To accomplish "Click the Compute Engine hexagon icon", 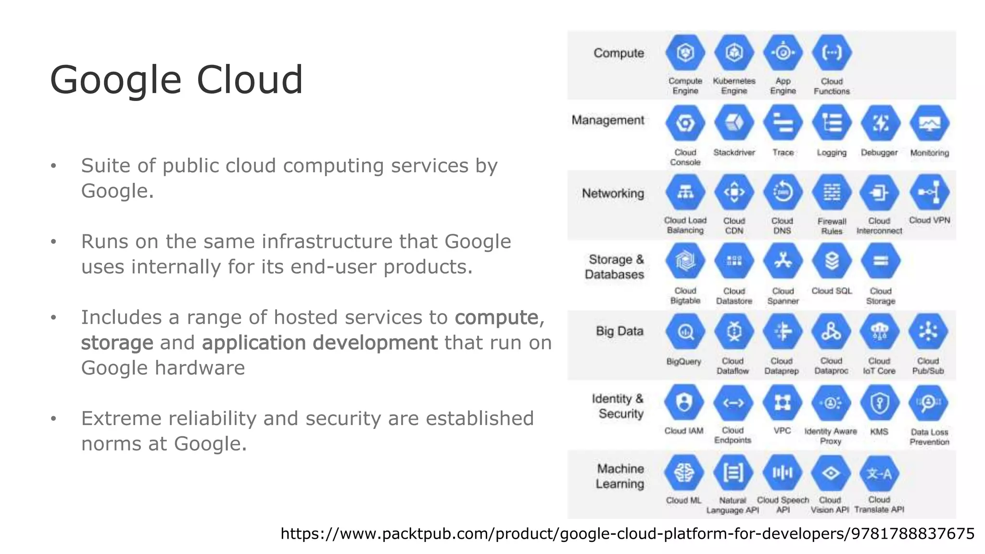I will pos(685,53).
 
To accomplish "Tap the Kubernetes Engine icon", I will pos(734,53).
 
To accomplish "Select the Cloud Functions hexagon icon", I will pos(832,53).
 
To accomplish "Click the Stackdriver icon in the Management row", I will pos(734,124).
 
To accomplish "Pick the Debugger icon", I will pos(880,124).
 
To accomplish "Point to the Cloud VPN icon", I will pos(929,193).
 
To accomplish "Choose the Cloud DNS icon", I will pos(783,193).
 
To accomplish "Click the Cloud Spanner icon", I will pos(783,262).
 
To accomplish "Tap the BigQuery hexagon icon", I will pos(685,332).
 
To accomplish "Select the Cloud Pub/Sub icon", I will pos(928,332).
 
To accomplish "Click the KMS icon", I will pos(880,403).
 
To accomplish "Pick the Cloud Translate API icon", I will pos(879,473).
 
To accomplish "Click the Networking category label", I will pos(613,193).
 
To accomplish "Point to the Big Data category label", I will pos(619,331).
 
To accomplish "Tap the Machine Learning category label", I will pos(620,476).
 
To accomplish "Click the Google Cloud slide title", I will pos(177,80).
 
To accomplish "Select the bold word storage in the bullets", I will pos(117,343).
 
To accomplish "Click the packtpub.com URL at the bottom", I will pos(627,534).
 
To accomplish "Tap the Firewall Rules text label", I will pos(832,226).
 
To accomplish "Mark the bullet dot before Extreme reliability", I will pos(53,419).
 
